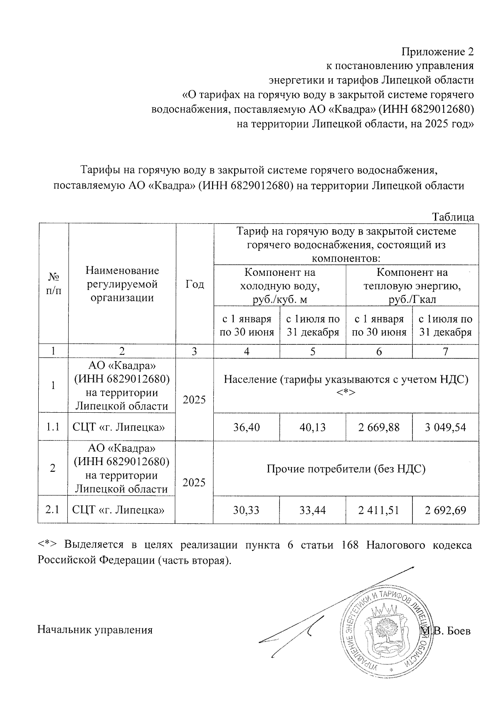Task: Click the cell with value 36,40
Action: point(247,427)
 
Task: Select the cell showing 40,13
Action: point(313,427)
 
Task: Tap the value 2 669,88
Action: point(379,427)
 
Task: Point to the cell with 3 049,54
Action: point(445,427)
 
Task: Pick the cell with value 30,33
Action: point(247,510)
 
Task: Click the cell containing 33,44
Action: point(313,510)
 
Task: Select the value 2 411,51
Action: point(379,510)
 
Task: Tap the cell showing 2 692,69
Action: point(445,510)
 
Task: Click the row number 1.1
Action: point(53,427)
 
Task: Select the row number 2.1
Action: point(53,510)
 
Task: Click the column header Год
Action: point(195,284)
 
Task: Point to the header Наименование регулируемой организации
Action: point(122,284)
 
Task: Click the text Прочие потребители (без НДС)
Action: point(346,469)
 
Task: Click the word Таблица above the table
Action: point(453,217)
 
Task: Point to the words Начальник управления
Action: point(95,630)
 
